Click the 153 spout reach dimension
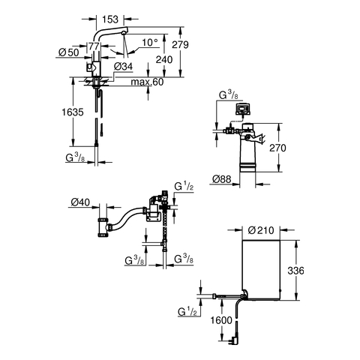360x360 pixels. [110, 19]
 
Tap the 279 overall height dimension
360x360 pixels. [180, 45]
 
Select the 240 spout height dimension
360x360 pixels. [164, 60]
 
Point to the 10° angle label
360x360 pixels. [150, 43]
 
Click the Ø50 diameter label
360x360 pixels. [68, 52]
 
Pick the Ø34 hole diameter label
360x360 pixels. [123, 67]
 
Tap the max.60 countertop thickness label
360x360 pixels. [147, 82]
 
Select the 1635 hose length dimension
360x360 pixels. [73, 112]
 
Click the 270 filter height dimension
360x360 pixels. [277, 148]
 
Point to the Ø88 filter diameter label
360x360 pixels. [222, 179]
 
